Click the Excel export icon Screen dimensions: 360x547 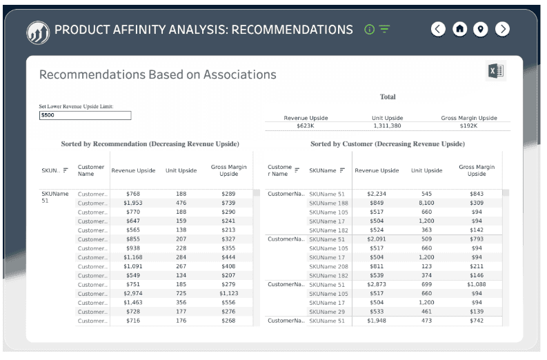click(495, 71)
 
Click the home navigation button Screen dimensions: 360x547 click(459, 29)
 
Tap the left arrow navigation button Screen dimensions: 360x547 click(438, 29)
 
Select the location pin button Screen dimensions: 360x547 click(481, 29)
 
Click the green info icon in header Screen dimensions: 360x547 click(369, 30)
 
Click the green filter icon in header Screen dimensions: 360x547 click(384, 29)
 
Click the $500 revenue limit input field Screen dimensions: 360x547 click(85, 115)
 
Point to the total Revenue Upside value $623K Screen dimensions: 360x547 click(306, 126)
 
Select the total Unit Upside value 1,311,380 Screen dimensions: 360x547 click(387, 126)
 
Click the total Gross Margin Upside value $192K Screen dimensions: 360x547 click(468, 126)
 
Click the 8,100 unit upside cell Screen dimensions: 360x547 click(426, 203)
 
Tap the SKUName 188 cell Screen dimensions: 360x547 click(328, 203)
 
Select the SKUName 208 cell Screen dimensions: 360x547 click(328, 266)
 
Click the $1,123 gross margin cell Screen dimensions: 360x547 click(228, 293)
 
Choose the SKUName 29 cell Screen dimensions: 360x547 click(327, 312)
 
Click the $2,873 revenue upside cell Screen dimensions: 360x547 click(376, 284)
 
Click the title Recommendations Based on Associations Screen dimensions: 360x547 click(157, 74)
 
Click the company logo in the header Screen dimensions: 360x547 click(37, 31)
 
